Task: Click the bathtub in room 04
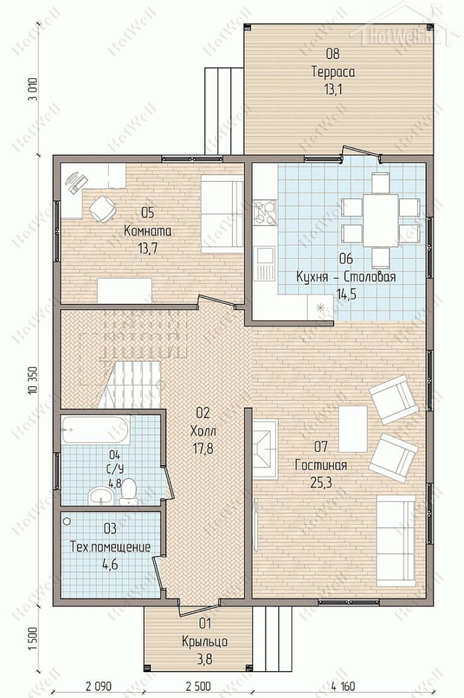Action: pos(95,429)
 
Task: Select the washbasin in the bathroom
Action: pos(102,496)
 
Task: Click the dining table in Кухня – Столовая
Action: pos(380,220)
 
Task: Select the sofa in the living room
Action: pos(396,540)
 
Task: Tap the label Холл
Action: pos(202,431)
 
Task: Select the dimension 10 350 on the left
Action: pos(32,379)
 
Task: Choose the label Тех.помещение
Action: pos(110,547)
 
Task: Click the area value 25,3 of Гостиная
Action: pos(321,482)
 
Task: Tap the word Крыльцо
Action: pos(205,642)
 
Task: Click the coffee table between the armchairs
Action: pos(353,429)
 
